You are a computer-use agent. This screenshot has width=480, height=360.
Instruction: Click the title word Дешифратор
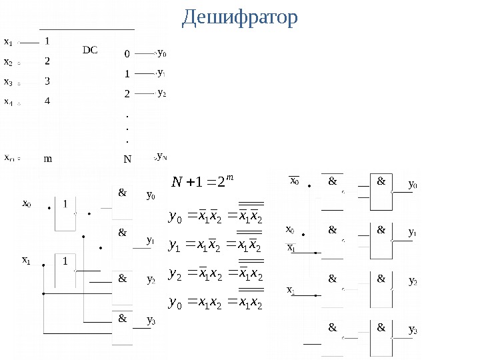pyautogui.click(x=240, y=17)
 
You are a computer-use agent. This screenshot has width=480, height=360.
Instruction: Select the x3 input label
pyautogui.click(x=9, y=83)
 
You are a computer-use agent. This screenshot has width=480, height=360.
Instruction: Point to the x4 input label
pyautogui.click(x=9, y=102)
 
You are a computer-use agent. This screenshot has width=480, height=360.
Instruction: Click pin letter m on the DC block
pyautogui.click(x=47, y=159)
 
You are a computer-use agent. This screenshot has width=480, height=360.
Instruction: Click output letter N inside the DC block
pyautogui.click(x=127, y=159)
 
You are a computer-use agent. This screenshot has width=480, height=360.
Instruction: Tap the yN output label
pyautogui.click(x=161, y=157)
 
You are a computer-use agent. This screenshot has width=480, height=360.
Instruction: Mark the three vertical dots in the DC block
pyautogui.click(x=127, y=129)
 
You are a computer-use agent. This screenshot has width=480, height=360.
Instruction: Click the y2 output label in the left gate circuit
pyautogui.click(x=151, y=280)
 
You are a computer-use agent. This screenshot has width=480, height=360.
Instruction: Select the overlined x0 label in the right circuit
pyautogui.click(x=294, y=180)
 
